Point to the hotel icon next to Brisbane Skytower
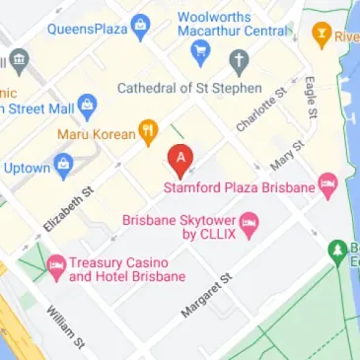(250, 220)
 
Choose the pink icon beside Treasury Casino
(55, 263)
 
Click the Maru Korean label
(95, 132)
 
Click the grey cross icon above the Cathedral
(238, 62)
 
